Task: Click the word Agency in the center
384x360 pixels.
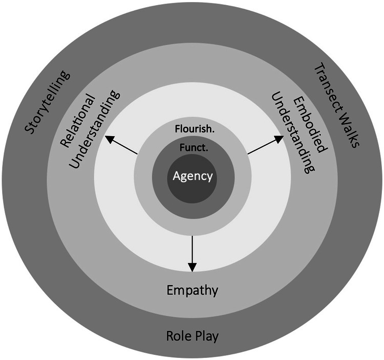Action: [193, 176]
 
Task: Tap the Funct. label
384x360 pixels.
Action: [193, 149]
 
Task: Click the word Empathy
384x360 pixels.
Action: [193, 291]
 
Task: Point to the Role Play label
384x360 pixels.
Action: [193, 336]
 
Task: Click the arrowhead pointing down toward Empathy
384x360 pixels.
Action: [192, 266]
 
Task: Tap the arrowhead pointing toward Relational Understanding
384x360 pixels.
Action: [109, 138]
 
